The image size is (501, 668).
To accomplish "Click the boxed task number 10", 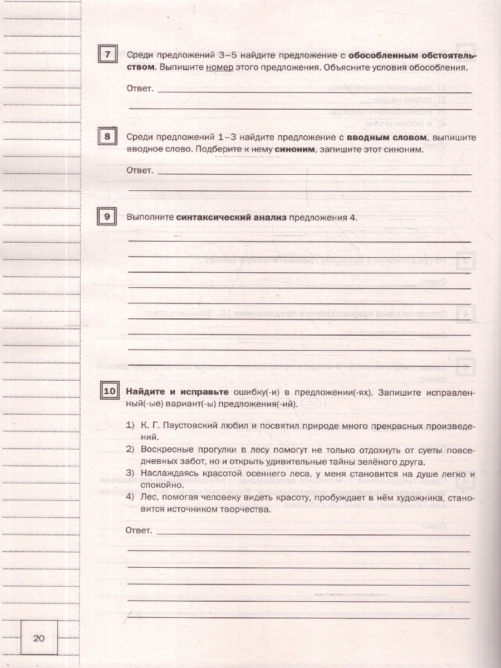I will (x=110, y=391).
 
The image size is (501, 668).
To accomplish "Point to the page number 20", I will (x=39, y=638).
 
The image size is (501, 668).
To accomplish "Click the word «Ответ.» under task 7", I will (x=140, y=89).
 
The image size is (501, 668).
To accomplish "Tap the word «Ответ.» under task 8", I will (x=140, y=170).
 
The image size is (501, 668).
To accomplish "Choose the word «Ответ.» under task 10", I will (x=139, y=531).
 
